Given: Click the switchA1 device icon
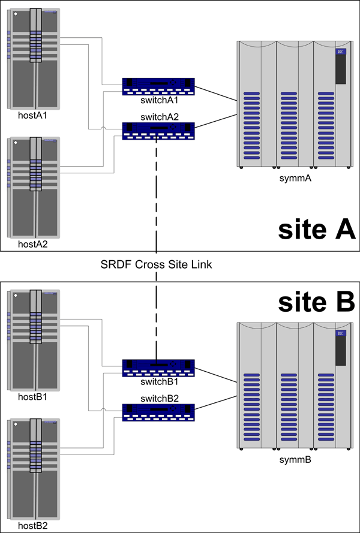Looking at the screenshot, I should click(x=158, y=86).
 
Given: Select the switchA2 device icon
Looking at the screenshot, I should click(x=158, y=131).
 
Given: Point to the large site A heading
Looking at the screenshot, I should click(x=317, y=230).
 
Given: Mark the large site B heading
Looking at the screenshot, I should click(x=317, y=302).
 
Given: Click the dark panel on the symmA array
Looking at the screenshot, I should click(x=340, y=67).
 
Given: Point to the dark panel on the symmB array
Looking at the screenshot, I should click(x=340, y=348).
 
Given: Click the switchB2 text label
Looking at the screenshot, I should click(x=158, y=398).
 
